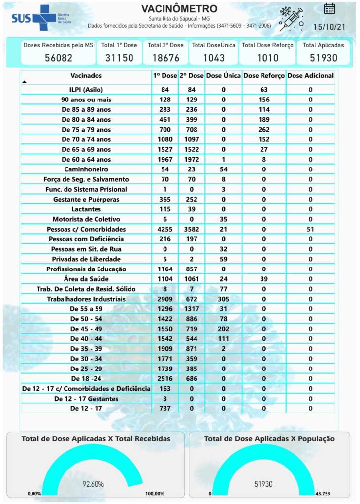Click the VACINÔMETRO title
[179, 9]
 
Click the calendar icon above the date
[329, 8]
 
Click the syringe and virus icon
[291, 19]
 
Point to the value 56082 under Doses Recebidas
[58, 58]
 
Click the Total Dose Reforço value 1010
[267, 58]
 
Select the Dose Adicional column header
[310, 76]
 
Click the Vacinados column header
[86, 76]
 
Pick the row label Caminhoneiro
[86, 169]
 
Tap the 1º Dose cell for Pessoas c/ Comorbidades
[165, 229]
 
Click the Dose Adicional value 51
[310, 229]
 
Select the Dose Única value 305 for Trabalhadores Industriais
[224, 299]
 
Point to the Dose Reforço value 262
[264, 130]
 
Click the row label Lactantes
[86, 209]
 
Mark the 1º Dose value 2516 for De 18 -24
[165, 379]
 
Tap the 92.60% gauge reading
[93, 484]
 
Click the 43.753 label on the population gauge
[324, 493]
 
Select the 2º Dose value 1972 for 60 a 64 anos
[191, 159]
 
